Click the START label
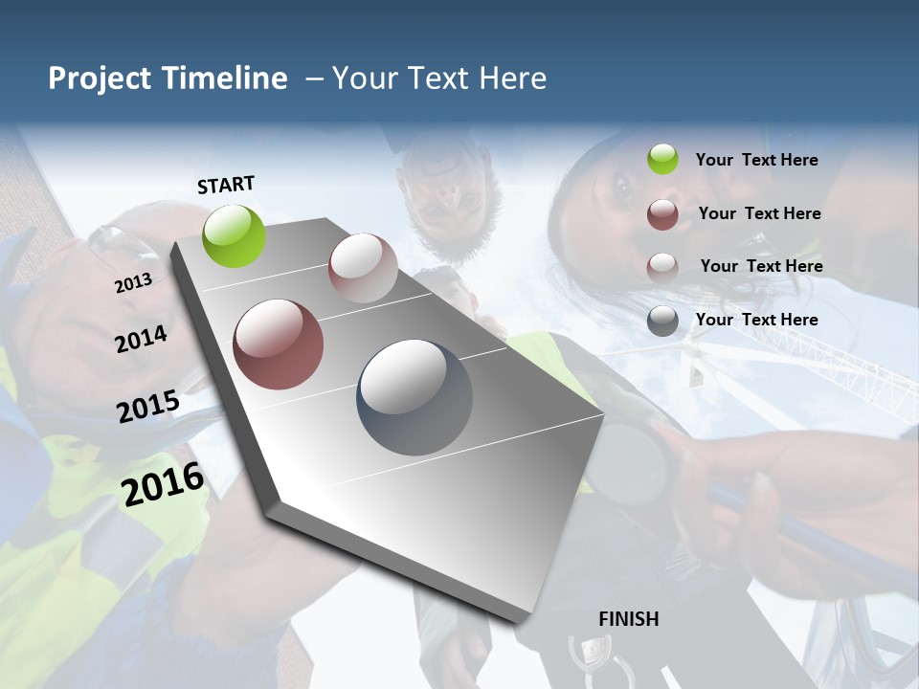226,185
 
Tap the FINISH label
628,619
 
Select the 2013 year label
133,283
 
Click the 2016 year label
163,484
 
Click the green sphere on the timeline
235,235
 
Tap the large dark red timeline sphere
278,344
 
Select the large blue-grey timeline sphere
415,397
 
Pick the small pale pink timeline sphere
363,268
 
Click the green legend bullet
662,160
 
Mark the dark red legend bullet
662,214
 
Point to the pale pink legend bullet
662,267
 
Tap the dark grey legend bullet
662,321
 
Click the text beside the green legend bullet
756,160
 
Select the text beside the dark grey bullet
756,320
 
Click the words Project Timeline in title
168,78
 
